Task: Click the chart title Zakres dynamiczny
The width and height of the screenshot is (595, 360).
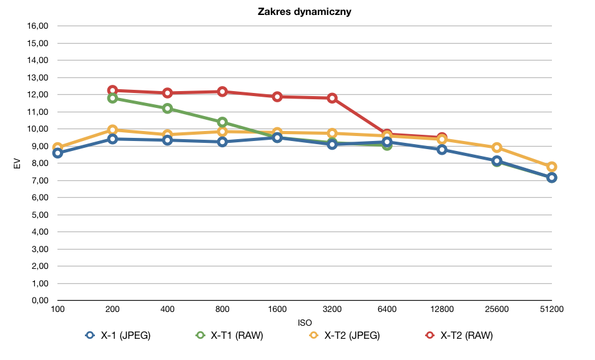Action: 304,11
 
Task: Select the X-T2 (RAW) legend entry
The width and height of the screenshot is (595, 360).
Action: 459,335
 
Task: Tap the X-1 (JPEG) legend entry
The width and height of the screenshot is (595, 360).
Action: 118,335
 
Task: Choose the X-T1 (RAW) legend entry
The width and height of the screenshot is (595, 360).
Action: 229,335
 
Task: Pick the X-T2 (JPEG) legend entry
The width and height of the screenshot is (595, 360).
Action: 345,335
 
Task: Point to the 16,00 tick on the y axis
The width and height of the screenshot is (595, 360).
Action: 37,26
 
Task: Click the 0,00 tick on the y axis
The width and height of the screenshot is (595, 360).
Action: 40,301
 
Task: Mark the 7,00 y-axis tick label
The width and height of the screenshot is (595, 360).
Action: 40,180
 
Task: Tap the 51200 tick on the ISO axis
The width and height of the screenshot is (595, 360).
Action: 552,309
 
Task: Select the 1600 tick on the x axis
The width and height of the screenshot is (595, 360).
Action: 277,309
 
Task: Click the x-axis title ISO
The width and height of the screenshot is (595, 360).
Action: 305,323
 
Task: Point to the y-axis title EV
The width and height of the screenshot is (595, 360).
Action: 17,163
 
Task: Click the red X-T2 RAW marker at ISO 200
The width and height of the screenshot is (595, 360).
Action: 112,90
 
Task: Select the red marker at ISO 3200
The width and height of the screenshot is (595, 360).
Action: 332,98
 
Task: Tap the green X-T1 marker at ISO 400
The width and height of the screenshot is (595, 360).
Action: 167,109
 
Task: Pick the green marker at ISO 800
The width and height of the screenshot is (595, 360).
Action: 222,122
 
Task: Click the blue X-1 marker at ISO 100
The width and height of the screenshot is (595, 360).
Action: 57,153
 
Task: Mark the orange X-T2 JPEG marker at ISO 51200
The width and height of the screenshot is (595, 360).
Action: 552,167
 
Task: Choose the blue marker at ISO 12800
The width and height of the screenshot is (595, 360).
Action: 441,150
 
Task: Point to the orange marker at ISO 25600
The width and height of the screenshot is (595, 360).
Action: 497,148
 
